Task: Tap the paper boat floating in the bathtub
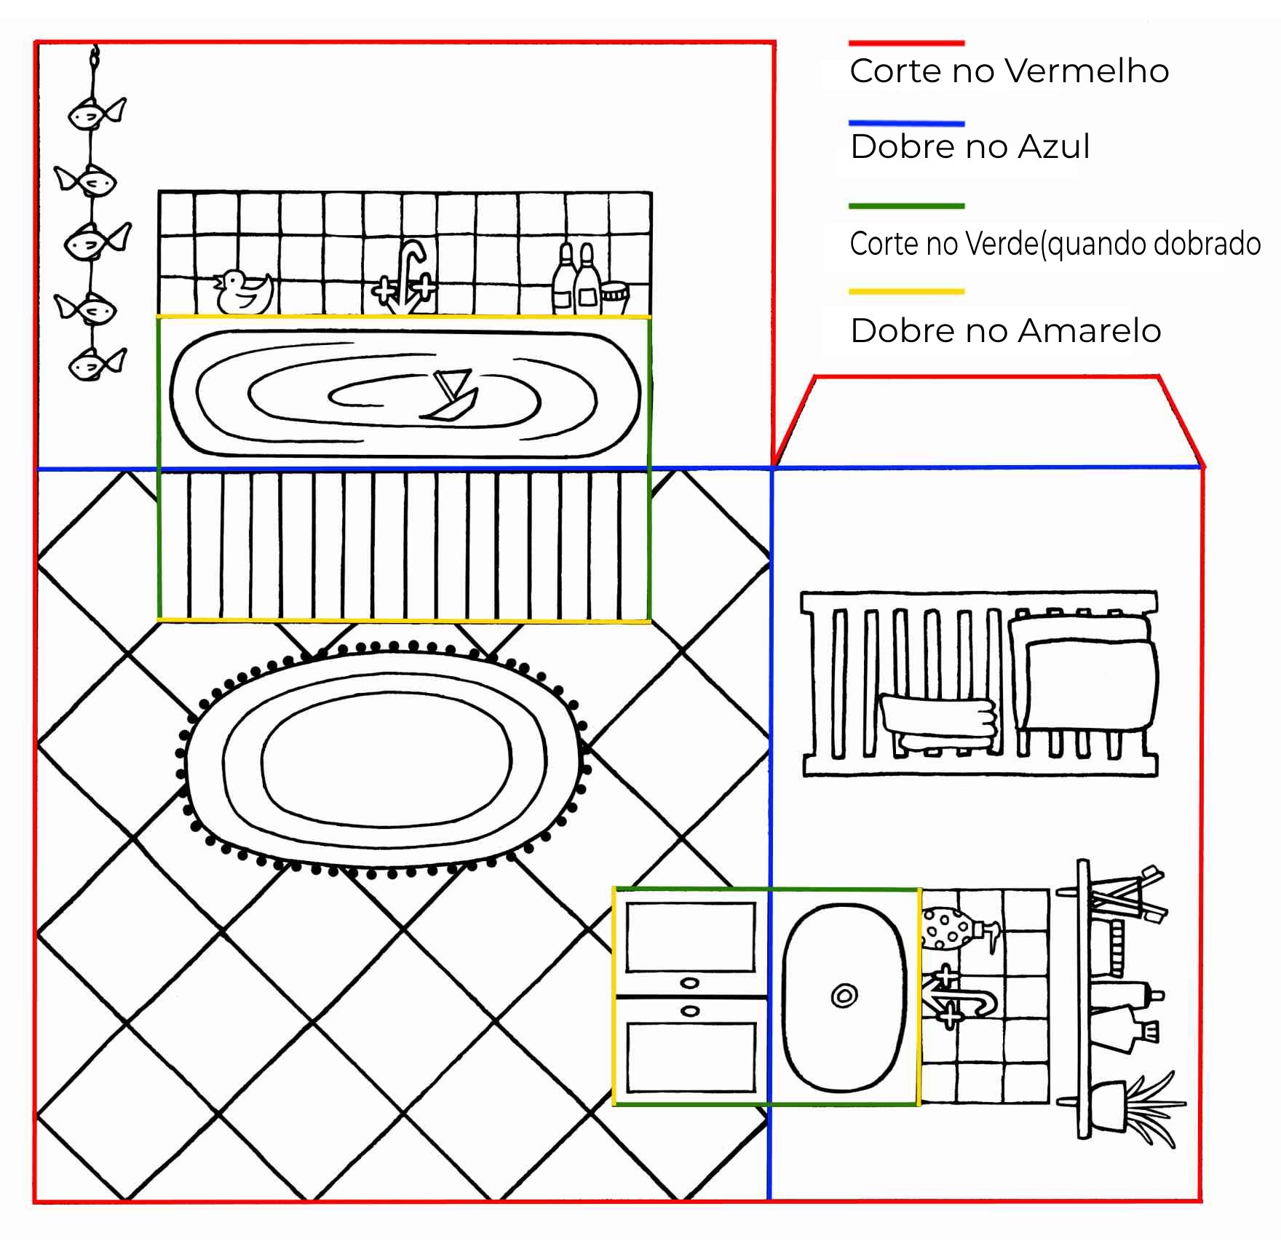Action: pyautogui.click(x=453, y=397)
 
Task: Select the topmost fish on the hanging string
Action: pyautogui.click(x=95, y=114)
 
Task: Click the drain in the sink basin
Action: pyautogui.click(x=844, y=995)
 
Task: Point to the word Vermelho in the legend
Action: pyautogui.click(x=1089, y=71)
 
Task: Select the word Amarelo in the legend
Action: pyautogui.click(x=1089, y=331)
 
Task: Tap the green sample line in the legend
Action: pyautogui.click(x=906, y=206)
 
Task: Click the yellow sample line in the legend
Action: pyautogui.click(x=906, y=292)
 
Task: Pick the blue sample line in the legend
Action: pyautogui.click(x=906, y=124)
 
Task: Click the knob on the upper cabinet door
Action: pyautogui.click(x=689, y=983)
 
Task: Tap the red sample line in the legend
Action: pyautogui.click(x=906, y=44)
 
